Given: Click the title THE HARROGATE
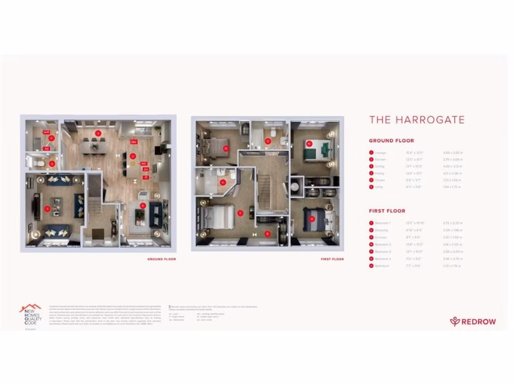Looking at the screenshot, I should (x=417, y=120).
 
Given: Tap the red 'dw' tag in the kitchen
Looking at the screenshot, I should (x=134, y=142).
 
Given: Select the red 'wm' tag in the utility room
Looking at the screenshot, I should (x=46, y=132).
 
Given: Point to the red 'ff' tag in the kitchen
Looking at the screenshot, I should (x=147, y=177).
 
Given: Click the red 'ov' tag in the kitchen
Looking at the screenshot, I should (x=146, y=169).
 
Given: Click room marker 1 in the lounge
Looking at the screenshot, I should (x=47, y=208).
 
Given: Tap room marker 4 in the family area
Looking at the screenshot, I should (x=143, y=205).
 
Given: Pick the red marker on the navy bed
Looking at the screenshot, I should (x=312, y=219).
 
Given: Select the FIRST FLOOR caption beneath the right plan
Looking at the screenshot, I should (x=332, y=259).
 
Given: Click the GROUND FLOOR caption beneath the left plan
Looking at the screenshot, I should (x=161, y=259).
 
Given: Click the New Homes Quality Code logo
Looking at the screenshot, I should (x=31, y=315).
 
